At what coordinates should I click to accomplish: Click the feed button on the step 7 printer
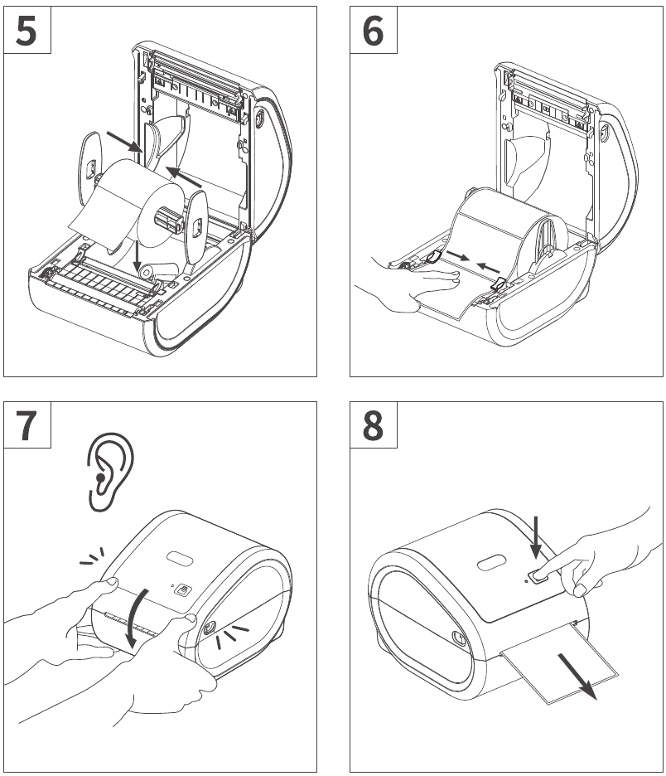[184, 590]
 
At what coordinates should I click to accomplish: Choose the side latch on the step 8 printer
[457, 638]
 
